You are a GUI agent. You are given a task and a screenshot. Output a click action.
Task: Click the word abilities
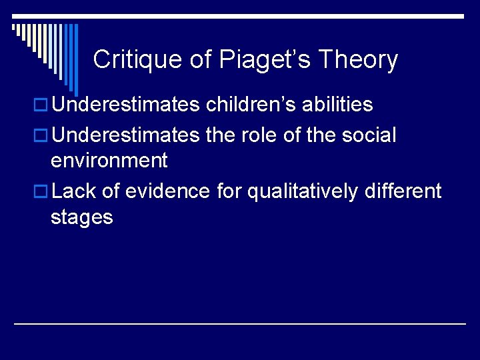click(x=337, y=105)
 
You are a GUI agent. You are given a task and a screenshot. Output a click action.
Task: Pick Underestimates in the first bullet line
click(x=125, y=105)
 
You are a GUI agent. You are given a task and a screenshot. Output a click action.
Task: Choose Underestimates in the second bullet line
click(x=125, y=135)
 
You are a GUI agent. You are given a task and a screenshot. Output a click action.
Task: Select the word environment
click(x=109, y=161)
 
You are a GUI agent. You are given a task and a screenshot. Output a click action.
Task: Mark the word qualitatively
click(x=303, y=191)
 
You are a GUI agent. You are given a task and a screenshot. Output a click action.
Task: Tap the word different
click(x=403, y=191)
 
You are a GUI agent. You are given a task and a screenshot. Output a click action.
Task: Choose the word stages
click(x=81, y=218)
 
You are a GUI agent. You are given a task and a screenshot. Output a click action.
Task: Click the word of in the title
click(x=201, y=60)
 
